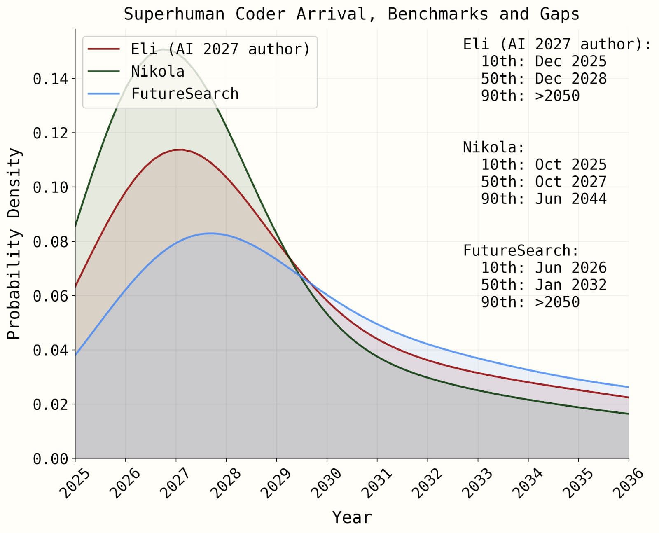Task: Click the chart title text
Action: click(x=351, y=14)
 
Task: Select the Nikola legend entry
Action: click(x=157, y=71)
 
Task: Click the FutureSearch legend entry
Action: click(x=185, y=94)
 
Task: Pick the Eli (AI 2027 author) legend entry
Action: click(x=220, y=49)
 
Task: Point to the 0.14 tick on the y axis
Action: click(x=50, y=78)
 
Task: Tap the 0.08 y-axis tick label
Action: click(x=50, y=241)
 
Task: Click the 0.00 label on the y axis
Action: click(x=50, y=458)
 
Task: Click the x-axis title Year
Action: click(x=352, y=517)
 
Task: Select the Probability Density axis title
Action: click(x=14, y=243)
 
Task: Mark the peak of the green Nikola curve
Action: click(x=164, y=49)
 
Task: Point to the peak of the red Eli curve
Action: click(x=181, y=150)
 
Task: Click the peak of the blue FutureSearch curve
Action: click(x=210, y=234)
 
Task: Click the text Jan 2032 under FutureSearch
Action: click(x=570, y=285)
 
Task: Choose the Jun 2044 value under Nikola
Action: click(x=570, y=199)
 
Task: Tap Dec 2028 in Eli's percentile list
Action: click(x=570, y=78)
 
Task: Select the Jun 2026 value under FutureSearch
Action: click(x=570, y=267)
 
